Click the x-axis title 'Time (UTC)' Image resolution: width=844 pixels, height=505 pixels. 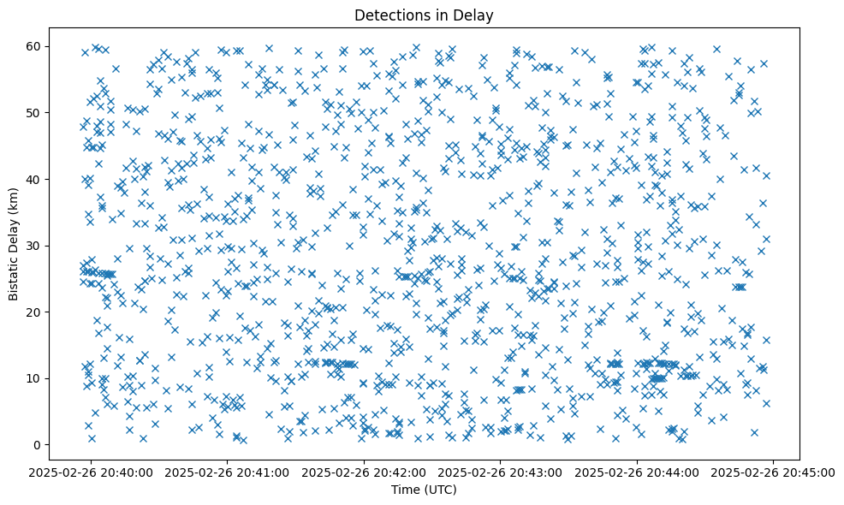click(x=424, y=490)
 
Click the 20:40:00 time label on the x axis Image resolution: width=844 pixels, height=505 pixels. click(x=92, y=472)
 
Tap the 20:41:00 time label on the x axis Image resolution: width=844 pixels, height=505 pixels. click(x=228, y=472)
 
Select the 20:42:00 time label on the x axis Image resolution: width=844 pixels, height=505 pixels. click(x=364, y=472)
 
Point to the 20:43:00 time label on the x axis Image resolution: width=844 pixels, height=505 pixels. click(x=501, y=472)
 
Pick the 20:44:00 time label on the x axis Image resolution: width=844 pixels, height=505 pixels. click(x=637, y=472)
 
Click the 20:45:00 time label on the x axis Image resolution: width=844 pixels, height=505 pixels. click(x=773, y=472)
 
